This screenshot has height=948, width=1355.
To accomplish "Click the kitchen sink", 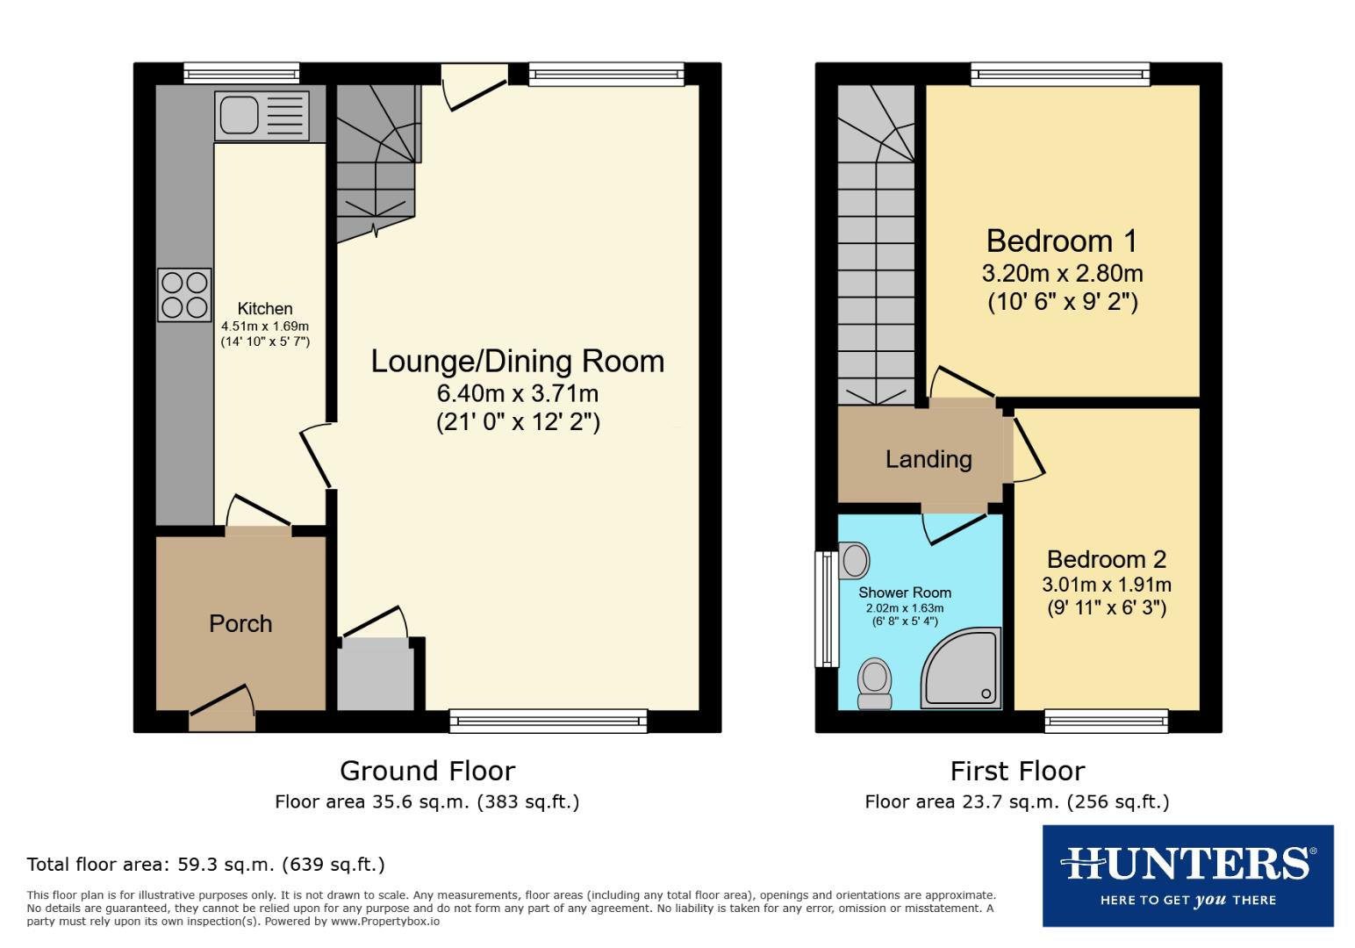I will (262, 115).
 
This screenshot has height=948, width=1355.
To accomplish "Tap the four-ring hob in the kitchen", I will (184, 294).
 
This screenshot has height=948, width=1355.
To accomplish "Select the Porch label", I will (240, 624).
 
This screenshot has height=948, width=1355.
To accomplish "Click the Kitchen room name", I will (265, 308).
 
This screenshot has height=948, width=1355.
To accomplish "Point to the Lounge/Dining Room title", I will (517, 361).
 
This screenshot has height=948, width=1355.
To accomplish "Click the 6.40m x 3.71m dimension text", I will (517, 393).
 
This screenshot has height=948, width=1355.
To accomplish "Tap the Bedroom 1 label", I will (1061, 241).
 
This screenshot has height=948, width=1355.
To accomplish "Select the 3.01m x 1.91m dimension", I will (1106, 585).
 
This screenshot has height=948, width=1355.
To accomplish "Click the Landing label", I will (928, 459).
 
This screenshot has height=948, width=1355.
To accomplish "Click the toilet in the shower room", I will (874, 683).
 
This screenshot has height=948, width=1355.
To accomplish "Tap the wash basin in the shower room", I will (853, 560).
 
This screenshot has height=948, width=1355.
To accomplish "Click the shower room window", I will (825, 608).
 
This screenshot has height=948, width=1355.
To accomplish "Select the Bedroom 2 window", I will (1106, 721).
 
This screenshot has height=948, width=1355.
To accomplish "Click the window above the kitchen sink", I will (241, 74).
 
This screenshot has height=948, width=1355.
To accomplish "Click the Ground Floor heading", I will (427, 771).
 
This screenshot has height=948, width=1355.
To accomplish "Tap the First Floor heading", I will (1017, 771).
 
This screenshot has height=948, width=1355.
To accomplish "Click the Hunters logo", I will (1187, 875).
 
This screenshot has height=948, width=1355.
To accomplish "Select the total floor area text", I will (205, 865).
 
